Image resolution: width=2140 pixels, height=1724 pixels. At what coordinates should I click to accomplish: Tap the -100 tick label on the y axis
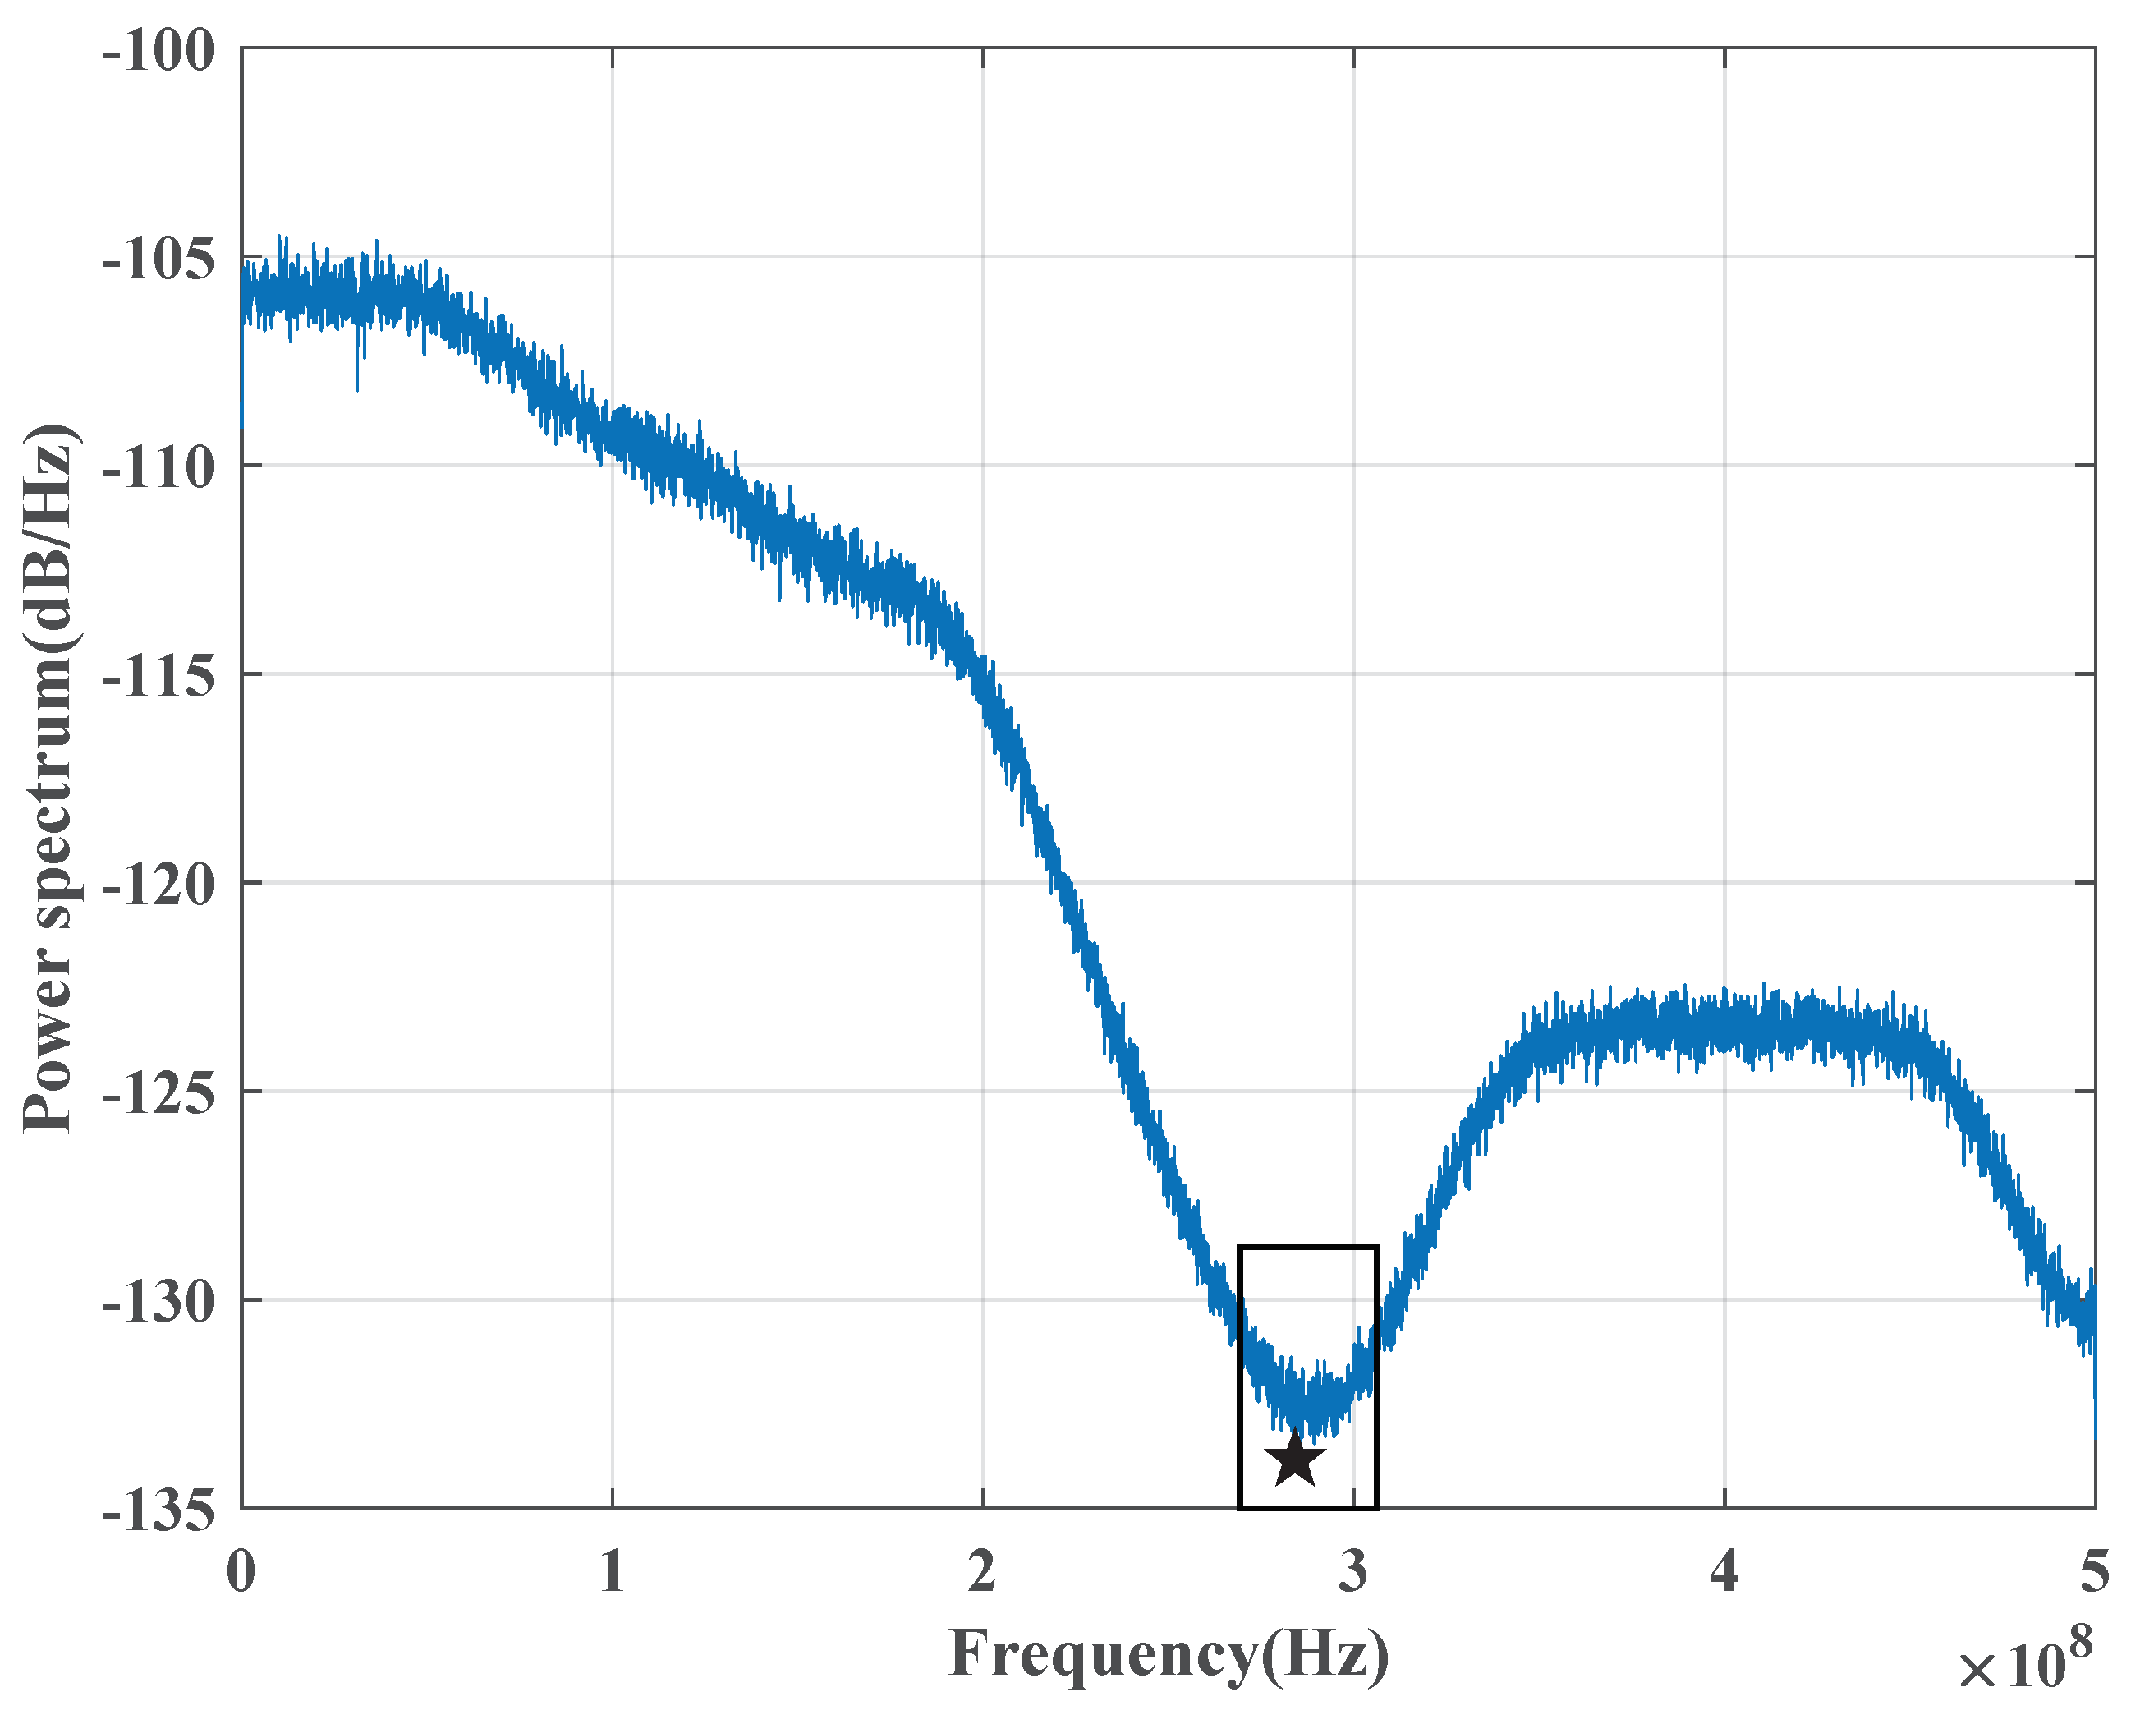pyautogui.click(x=158, y=49)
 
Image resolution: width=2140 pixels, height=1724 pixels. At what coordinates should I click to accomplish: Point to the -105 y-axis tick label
pyautogui.click(x=158, y=260)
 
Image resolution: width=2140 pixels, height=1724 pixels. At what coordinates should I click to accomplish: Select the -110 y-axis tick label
pyautogui.click(x=158, y=467)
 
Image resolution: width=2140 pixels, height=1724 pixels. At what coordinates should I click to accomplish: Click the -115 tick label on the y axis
pyautogui.click(x=158, y=676)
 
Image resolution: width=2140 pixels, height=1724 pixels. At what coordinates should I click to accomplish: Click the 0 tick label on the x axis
pyautogui.click(x=241, y=1572)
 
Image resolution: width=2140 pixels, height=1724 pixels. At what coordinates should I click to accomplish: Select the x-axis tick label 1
pyautogui.click(x=613, y=1572)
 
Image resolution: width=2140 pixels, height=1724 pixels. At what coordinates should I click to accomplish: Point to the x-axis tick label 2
pyautogui.click(x=983, y=1572)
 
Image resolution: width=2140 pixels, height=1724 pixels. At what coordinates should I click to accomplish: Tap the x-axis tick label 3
pyautogui.click(x=1353, y=1572)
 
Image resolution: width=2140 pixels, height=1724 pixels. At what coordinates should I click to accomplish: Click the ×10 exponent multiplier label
pyautogui.click(x=2010, y=1668)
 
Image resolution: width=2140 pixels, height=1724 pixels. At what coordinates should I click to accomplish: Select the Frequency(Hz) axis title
pyautogui.click(x=1169, y=1656)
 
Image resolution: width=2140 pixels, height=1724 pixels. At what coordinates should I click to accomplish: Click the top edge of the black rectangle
pyautogui.click(x=1308, y=1246)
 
